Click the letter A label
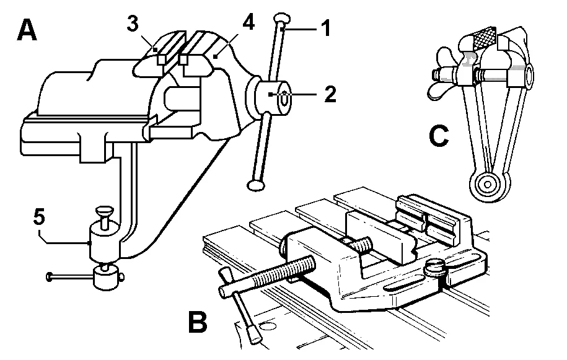click(x=27, y=29)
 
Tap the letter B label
click(x=197, y=322)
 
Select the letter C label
click(x=439, y=136)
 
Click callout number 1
click(x=325, y=28)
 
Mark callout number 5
click(x=38, y=217)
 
